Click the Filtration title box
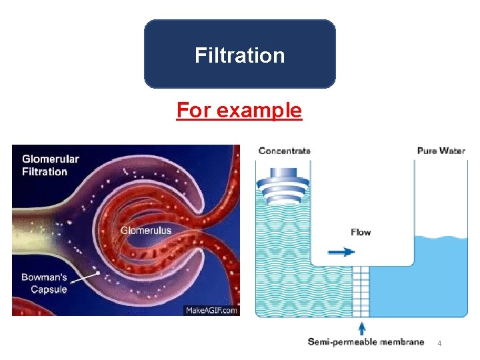click(x=240, y=55)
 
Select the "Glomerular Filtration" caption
click(x=51, y=165)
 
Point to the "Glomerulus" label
click(x=145, y=231)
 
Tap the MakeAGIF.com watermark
click(x=211, y=311)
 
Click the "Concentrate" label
click(x=284, y=151)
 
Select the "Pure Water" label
click(x=441, y=151)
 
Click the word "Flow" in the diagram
click(x=361, y=232)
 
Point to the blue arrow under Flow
click(x=341, y=252)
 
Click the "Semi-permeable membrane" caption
click(x=365, y=342)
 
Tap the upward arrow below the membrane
click(x=362, y=328)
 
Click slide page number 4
click(x=439, y=343)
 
